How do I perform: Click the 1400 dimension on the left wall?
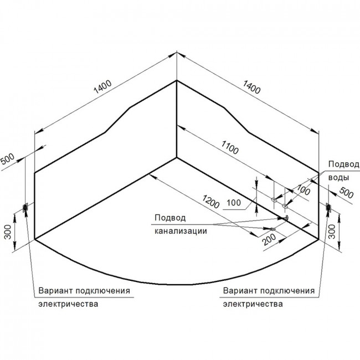(x=102, y=87)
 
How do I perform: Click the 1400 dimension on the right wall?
(x=251, y=87)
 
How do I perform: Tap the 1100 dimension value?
(x=230, y=147)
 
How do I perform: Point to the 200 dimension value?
(x=269, y=239)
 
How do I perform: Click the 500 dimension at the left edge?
(x=7, y=158)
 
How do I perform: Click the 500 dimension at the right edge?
(x=346, y=193)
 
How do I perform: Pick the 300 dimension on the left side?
(x=8, y=232)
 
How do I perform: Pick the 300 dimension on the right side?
(x=332, y=232)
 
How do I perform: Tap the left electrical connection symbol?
(x=25, y=208)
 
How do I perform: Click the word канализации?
(x=181, y=231)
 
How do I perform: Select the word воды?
(x=338, y=177)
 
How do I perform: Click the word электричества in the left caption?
(x=68, y=304)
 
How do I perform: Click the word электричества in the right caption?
(x=253, y=304)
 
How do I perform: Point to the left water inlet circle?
(x=274, y=199)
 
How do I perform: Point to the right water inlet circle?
(x=285, y=205)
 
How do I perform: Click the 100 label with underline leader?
(x=234, y=203)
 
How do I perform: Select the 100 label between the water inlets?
(x=304, y=190)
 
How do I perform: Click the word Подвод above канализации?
(x=170, y=218)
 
